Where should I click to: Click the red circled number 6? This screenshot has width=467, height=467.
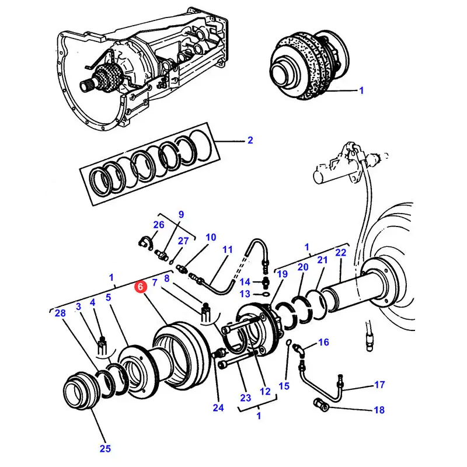tap(140, 287)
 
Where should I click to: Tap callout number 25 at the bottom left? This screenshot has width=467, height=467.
tap(105, 448)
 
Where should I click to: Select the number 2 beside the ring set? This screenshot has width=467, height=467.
tap(250, 140)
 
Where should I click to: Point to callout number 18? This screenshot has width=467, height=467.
tap(379, 410)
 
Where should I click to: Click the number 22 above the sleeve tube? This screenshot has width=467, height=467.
tap(341, 252)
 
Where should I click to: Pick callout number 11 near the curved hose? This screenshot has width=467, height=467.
tap(228, 249)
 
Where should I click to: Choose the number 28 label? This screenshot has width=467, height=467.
tap(60, 314)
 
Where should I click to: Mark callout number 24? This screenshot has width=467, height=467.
tap(218, 408)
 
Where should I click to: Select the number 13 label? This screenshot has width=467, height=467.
tap(245, 294)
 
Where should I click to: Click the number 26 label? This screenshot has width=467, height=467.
tap(159, 225)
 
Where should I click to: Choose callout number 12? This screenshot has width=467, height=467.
tap(266, 392)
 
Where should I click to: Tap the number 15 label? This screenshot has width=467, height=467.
tap(284, 386)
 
